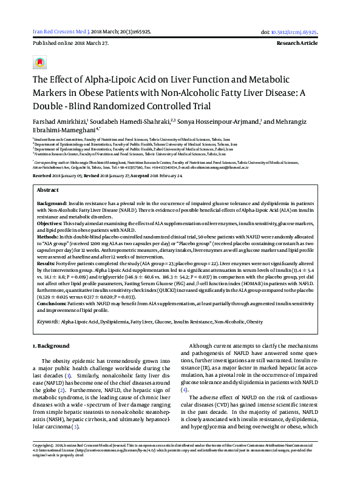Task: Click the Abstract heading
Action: (x=48, y=172)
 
